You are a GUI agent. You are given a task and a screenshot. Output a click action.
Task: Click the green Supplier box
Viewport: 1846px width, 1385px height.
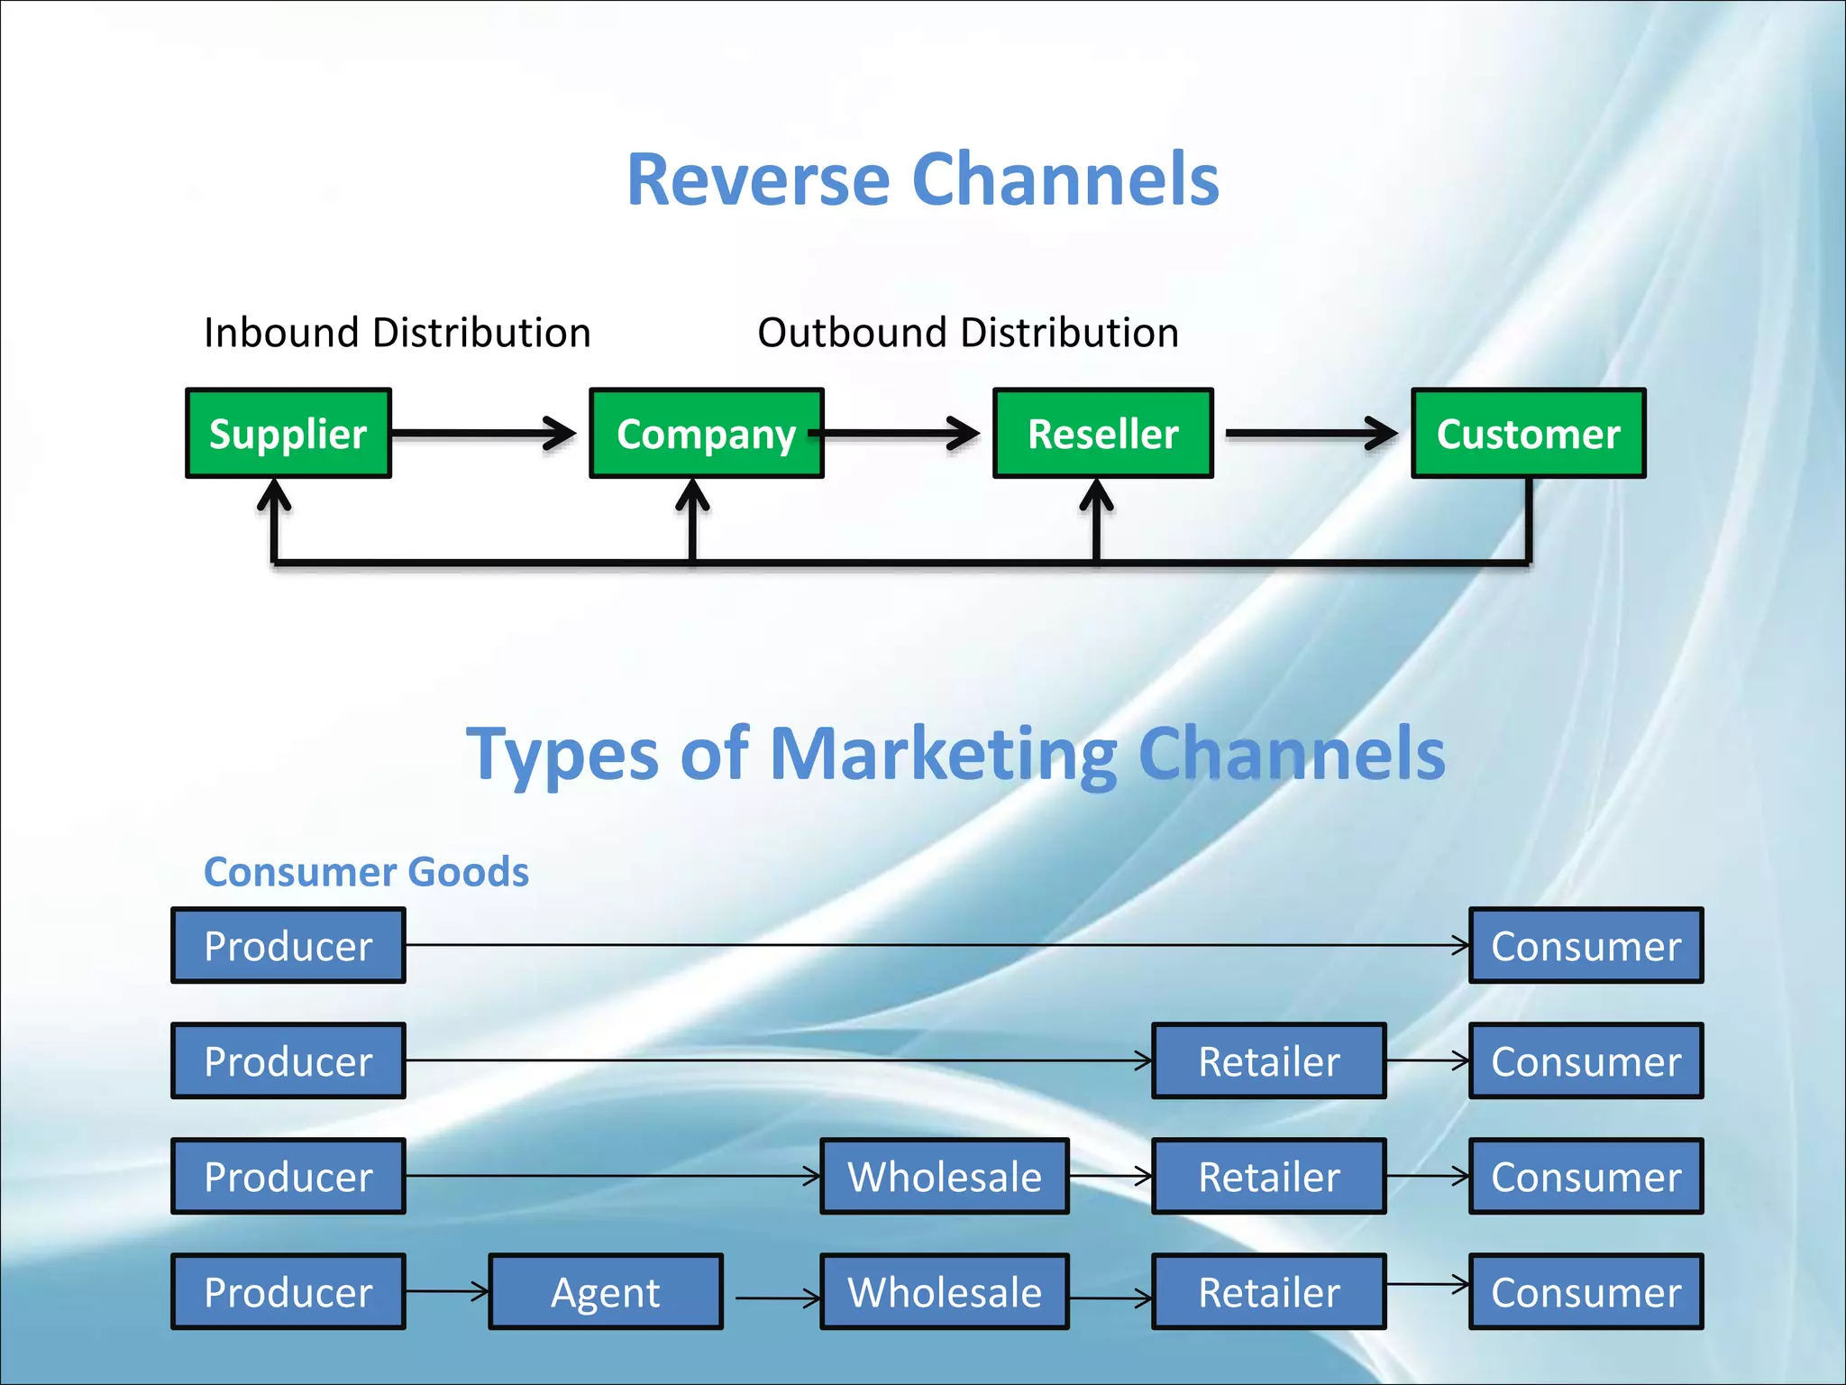tap(288, 434)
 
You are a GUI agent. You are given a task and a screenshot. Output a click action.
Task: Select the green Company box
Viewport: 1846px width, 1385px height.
tap(706, 434)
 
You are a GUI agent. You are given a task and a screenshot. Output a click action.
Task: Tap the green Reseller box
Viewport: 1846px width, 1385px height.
tap(1102, 434)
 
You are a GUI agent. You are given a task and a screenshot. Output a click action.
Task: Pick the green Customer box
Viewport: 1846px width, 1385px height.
tap(1528, 434)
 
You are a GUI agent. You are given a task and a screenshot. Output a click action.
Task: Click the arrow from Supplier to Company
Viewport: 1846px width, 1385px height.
tap(484, 433)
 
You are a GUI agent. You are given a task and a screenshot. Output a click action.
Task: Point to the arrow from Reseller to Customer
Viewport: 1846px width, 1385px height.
tap(1311, 433)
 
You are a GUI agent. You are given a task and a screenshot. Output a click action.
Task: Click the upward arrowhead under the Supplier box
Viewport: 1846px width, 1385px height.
tap(274, 496)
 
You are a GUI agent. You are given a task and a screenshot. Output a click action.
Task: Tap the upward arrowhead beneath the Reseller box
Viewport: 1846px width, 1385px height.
tap(1096, 496)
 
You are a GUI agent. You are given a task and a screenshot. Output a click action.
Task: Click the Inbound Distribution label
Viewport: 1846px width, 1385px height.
tap(397, 333)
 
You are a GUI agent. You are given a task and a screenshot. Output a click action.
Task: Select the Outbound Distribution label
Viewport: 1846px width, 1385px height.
tap(967, 333)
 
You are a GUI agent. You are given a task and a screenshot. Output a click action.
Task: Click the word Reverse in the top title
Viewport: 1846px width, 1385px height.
tap(758, 179)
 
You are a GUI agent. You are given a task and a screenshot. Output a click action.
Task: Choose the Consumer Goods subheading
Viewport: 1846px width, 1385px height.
tap(366, 872)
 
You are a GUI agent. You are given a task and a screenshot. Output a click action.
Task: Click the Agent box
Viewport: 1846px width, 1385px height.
tap(605, 1292)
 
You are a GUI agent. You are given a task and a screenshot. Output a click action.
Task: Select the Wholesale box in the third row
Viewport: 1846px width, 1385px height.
tap(944, 1177)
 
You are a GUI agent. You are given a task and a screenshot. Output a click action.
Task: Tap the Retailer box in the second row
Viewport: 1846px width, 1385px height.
tap(1268, 1061)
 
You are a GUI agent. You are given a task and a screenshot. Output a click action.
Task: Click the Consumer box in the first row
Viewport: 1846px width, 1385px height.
tap(1586, 946)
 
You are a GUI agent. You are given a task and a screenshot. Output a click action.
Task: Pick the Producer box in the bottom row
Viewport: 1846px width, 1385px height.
tap(288, 1292)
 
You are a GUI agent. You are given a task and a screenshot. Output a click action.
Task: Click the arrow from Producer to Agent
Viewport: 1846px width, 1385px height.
tap(447, 1291)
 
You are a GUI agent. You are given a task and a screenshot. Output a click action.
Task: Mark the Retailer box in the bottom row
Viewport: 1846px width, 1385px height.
tap(1268, 1292)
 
